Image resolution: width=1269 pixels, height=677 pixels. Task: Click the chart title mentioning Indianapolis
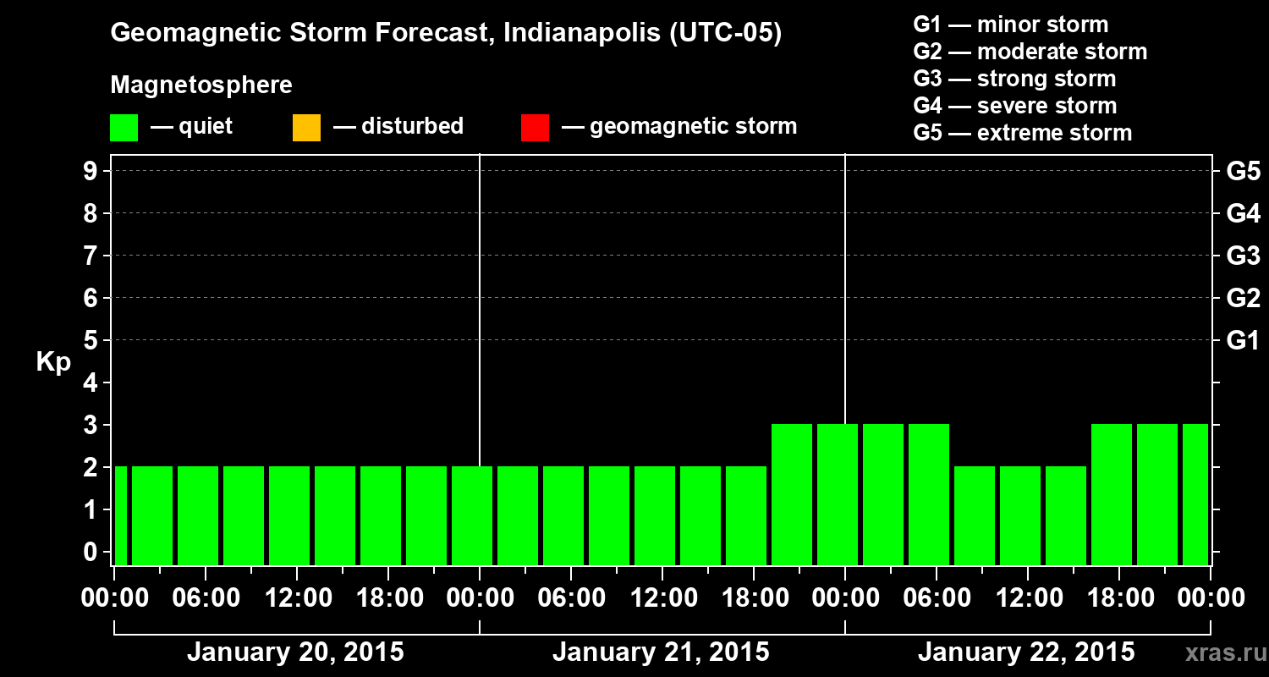pyautogui.click(x=446, y=34)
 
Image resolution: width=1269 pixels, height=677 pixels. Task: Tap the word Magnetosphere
pyautogui.click(x=201, y=85)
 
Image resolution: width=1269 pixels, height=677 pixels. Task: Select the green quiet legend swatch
pyautogui.click(x=124, y=128)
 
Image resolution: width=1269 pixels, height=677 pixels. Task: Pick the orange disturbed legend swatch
pyautogui.click(x=306, y=128)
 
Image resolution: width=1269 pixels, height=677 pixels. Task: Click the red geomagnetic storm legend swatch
pyautogui.click(x=535, y=128)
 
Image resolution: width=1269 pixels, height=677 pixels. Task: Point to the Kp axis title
pyautogui.click(x=53, y=362)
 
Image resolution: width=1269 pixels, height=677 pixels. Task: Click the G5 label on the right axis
pyautogui.click(x=1243, y=171)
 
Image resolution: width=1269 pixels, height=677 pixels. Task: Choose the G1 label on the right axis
pyautogui.click(x=1243, y=340)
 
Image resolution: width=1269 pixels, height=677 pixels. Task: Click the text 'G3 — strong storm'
pyautogui.click(x=1014, y=79)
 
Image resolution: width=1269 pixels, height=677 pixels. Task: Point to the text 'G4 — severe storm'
pyautogui.click(x=1014, y=106)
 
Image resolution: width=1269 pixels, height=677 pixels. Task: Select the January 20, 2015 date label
pyautogui.click(x=295, y=652)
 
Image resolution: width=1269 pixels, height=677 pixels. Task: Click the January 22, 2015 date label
pyautogui.click(x=1026, y=652)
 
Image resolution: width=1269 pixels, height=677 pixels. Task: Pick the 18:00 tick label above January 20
pyautogui.click(x=389, y=598)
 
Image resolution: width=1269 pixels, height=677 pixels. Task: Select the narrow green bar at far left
pyautogui.click(x=120, y=515)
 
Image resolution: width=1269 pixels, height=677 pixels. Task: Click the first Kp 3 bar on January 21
pyautogui.click(x=792, y=494)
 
